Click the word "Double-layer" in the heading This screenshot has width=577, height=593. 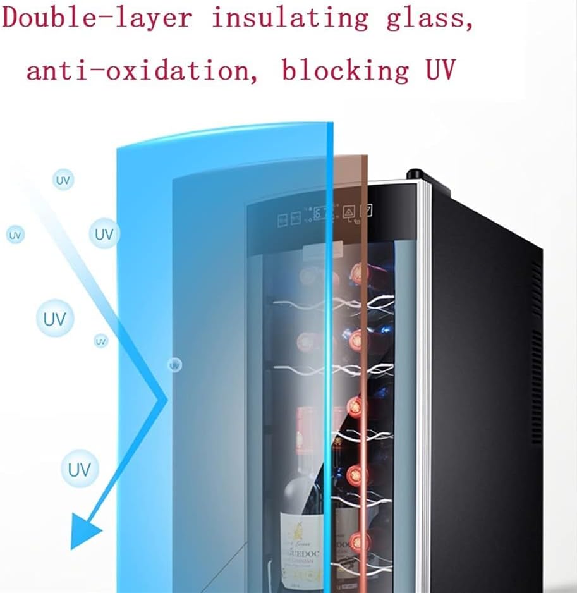pyautogui.click(x=98, y=18)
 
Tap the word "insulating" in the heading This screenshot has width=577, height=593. pyautogui.click(x=290, y=18)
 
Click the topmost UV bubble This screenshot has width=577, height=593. pyautogui.click(x=63, y=180)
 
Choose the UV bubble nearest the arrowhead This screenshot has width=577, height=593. pyautogui.click(x=80, y=470)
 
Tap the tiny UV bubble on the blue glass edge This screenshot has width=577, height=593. pyautogui.click(x=174, y=365)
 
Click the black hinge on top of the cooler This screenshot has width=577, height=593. pyautogui.click(x=416, y=174)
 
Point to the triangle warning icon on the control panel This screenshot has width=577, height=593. pyautogui.click(x=348, y=211)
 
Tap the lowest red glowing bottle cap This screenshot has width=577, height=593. pyautogui.click(x=359, y=541)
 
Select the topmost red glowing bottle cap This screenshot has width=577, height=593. pyautogui.click(x=360, y=273)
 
